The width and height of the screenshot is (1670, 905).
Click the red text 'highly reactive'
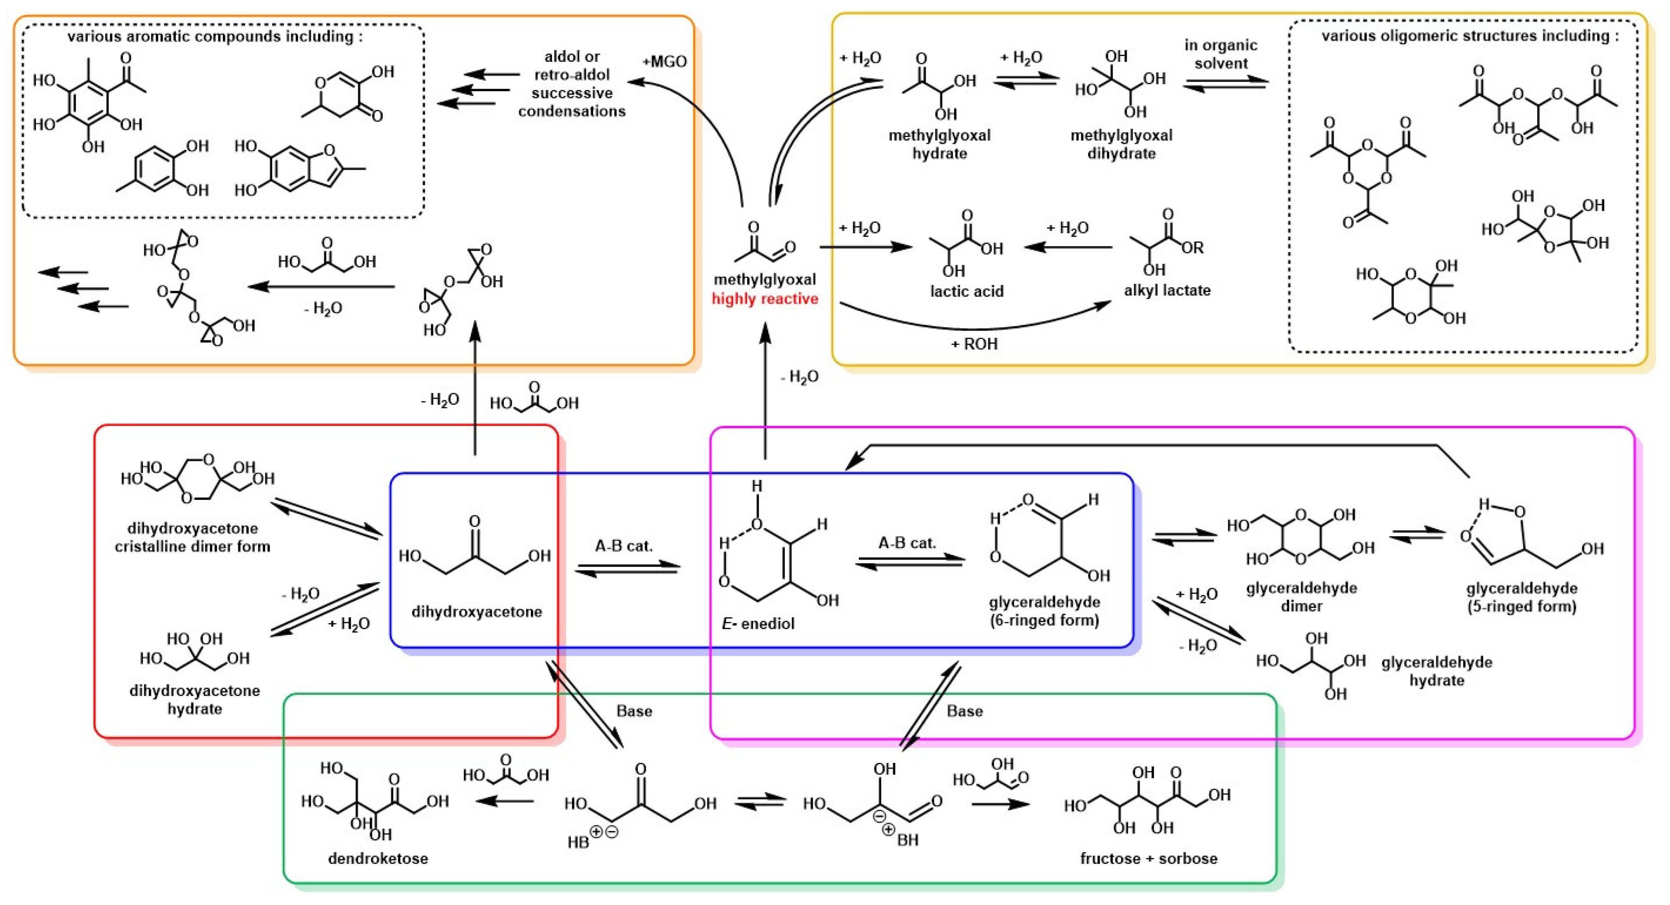pyautogui.click(x=765, y=299)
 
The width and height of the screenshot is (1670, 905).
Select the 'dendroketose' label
pyautogui.click(x=378, y=859)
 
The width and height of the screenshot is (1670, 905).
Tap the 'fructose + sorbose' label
pyautogui.click(x=1149, y=859)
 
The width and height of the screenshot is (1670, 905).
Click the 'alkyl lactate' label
pyautogui.click(x=1167, y=290)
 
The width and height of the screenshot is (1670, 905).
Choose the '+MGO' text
pyautogui.click(x=664, y=61)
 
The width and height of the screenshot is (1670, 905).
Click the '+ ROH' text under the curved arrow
pyautogui.click(x=974, y=344)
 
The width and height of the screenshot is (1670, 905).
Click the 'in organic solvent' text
pyautogui.click(x=1221, y=54)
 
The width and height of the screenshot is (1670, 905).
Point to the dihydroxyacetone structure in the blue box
pyautogui.click(x=474, y=551)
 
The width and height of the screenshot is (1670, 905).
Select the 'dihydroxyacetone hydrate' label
pyautogui.click(x=195, y=699)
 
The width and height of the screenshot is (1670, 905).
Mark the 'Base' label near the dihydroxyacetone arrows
pyautogui.click(x=634, y=711)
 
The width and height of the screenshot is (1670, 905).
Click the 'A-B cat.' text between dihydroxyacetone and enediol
pyautogui.click(x=623, y=546)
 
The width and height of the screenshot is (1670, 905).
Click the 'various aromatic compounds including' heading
pyautogui.click(x=214, y=36)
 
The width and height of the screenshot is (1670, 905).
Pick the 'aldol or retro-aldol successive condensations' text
pyautogui.click(x=572, y=84)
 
